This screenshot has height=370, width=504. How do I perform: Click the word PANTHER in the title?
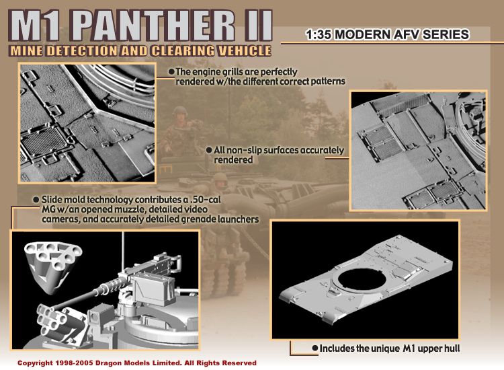click(155, 26)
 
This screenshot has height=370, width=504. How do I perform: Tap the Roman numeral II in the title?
click(257, 26)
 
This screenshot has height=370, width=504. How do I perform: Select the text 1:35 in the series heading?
click(319, 34)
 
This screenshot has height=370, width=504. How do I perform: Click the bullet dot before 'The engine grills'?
click(171, 71)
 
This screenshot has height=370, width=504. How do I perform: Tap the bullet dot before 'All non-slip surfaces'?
click(209, 150)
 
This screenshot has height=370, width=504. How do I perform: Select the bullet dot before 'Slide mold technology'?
click(36, 200)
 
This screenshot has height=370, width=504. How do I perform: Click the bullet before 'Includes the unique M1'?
click(315, 348)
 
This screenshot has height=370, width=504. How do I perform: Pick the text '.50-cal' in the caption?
click(207, 200)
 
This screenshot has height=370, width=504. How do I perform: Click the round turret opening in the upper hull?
click(362, 280)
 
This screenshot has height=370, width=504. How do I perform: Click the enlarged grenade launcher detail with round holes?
click(52, 266)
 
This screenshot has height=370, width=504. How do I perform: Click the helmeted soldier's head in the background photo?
click(180, 113)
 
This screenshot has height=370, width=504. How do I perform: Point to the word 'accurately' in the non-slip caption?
click(322, 151)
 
